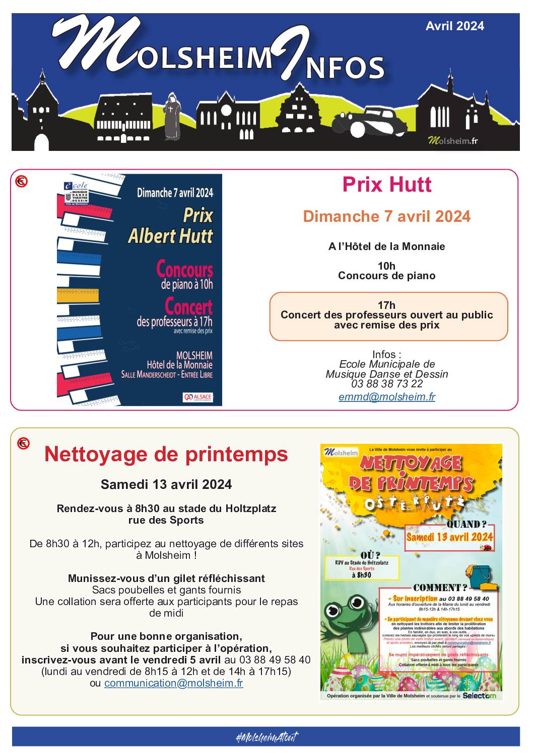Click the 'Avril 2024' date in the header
pos(454,26)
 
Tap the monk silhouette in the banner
pos(172,117)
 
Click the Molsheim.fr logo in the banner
pos(452,140)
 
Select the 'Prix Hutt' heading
pos(386,185)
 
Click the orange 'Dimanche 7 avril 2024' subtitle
pos(386,217)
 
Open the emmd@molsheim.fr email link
pos(386,397)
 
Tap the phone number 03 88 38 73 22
pos(386,384)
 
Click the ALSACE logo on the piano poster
pos(198,397)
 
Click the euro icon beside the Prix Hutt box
pos(21,181)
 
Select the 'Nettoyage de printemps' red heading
pos(166,454)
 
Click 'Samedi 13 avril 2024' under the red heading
pos(166,484)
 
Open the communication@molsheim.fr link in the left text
pos(173,683)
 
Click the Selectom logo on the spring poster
pos(479,696)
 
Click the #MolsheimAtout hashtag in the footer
pos(266,737)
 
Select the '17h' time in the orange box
pos(386,305)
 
